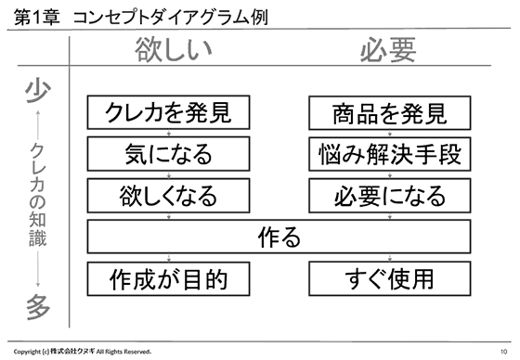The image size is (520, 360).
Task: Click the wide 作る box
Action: (279, 237)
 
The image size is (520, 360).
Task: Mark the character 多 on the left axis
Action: (37, 304)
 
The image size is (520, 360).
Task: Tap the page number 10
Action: (502, 351)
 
